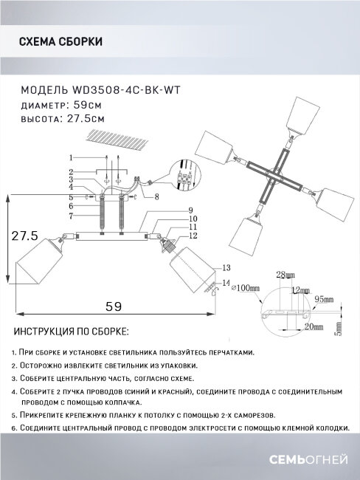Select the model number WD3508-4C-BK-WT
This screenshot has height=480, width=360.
coord(129,89)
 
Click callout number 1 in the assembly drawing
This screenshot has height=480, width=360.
coord(71,157)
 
